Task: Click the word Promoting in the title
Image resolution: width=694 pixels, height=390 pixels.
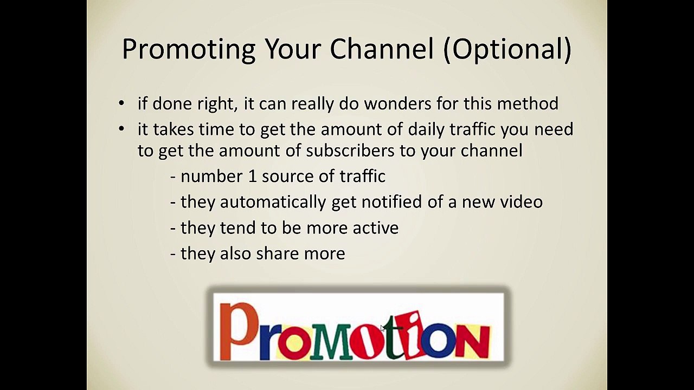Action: point(189,49)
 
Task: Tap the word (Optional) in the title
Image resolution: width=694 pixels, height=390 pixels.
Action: point(507,49)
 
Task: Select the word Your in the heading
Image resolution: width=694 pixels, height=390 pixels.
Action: point(292,49)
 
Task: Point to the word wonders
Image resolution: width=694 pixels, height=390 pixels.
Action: point(397,103)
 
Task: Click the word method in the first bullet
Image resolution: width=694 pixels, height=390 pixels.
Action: point(528,103)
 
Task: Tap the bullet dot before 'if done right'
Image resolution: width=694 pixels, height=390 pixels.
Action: point(121,103)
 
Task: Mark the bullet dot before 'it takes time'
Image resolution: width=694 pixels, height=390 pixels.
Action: point(121,129)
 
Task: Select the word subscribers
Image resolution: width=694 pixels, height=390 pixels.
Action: point(350,151)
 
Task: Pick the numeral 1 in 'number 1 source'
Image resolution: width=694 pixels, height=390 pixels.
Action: point(252,177)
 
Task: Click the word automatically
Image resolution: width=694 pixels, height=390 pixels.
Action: point(273,203)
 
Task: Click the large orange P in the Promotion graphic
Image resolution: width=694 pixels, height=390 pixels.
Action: point(239,331)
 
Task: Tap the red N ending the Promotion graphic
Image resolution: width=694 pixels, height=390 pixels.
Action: point(473,341)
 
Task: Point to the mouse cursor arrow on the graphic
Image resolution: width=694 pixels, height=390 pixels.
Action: point(383,328)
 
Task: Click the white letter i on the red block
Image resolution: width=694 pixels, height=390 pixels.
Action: point(414,335)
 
